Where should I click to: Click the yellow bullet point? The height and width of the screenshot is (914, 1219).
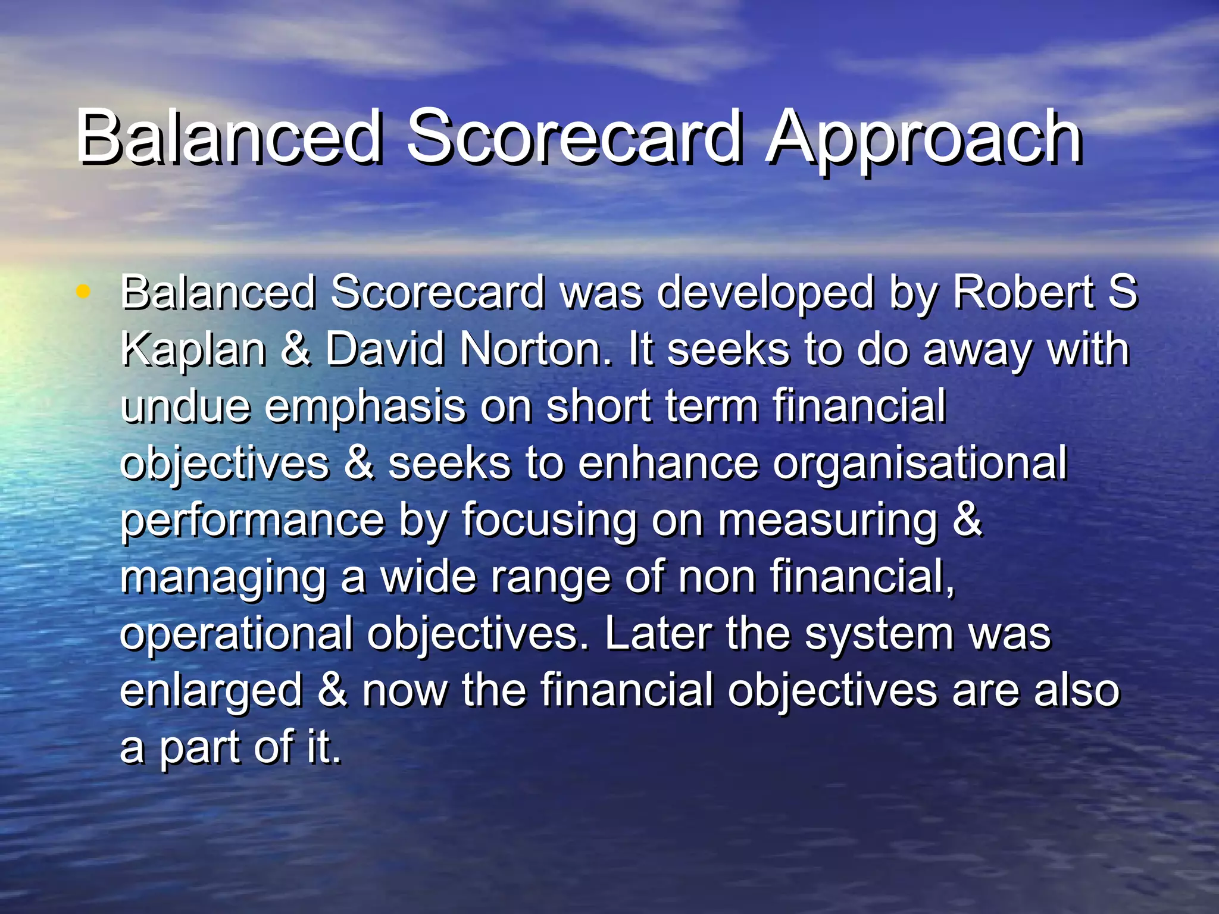83,292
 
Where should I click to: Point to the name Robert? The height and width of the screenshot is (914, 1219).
1023,293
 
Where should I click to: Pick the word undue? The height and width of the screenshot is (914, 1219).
185,406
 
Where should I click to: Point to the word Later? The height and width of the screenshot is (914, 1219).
658,634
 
